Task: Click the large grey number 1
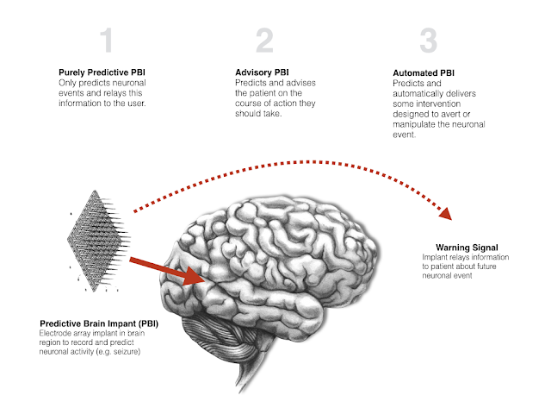106,41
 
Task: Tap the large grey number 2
265,41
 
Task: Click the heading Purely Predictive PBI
95,73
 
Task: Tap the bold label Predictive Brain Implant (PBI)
96,323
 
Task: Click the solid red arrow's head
201,277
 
